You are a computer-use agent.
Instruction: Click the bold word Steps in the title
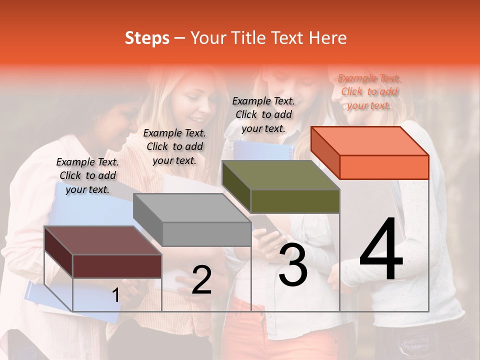tap(147, 38)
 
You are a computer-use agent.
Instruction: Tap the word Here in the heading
tap(327, 38)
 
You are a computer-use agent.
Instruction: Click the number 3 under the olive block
tap(293, 265)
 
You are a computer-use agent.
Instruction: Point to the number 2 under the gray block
tap(201, 280)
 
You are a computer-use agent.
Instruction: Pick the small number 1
tap(115, 295)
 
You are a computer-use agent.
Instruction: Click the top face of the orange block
tap(370, 141)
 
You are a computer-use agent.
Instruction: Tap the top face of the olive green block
tap(281, 175)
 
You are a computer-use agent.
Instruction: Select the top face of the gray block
tap(192, 208)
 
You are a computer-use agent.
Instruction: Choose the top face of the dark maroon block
tap(103, 240)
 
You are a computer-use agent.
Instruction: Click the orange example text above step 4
tap(369, 91)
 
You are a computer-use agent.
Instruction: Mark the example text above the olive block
tap(263, 114)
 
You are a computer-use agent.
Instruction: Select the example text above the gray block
tap(174, 146)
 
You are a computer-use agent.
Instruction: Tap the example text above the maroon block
tap(87, 175)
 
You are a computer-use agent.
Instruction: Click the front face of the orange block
tap(384, 167)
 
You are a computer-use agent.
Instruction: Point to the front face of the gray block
tap(206, 234)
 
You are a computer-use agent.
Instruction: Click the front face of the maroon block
tap(117, 266)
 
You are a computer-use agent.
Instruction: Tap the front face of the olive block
tap(295, 201)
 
